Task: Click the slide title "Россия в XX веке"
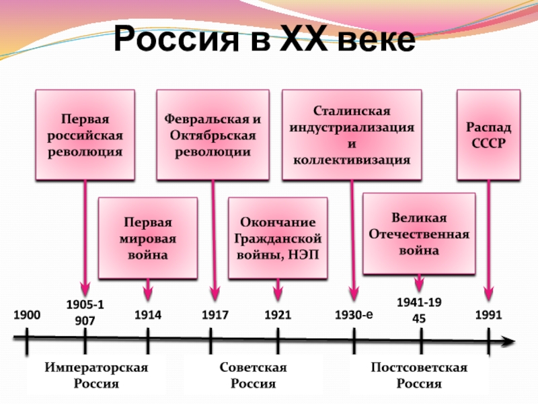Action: pos(265,41)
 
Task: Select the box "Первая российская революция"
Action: pos(84,135)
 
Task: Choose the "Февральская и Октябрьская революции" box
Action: pos(213,135)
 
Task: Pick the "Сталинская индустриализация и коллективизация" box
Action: pos(352,135)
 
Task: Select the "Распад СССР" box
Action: pos(489,135)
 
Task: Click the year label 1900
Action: pos(28,314)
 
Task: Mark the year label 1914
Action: pos(148,314)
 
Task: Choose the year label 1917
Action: pos(215,314)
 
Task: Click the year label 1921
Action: pos(278,314)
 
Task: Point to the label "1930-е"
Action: pos(354,314)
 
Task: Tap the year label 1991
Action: pos(489,314)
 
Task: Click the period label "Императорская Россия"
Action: pos(96,375)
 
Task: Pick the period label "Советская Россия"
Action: pos(254,375)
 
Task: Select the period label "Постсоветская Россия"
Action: pos(419,375)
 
